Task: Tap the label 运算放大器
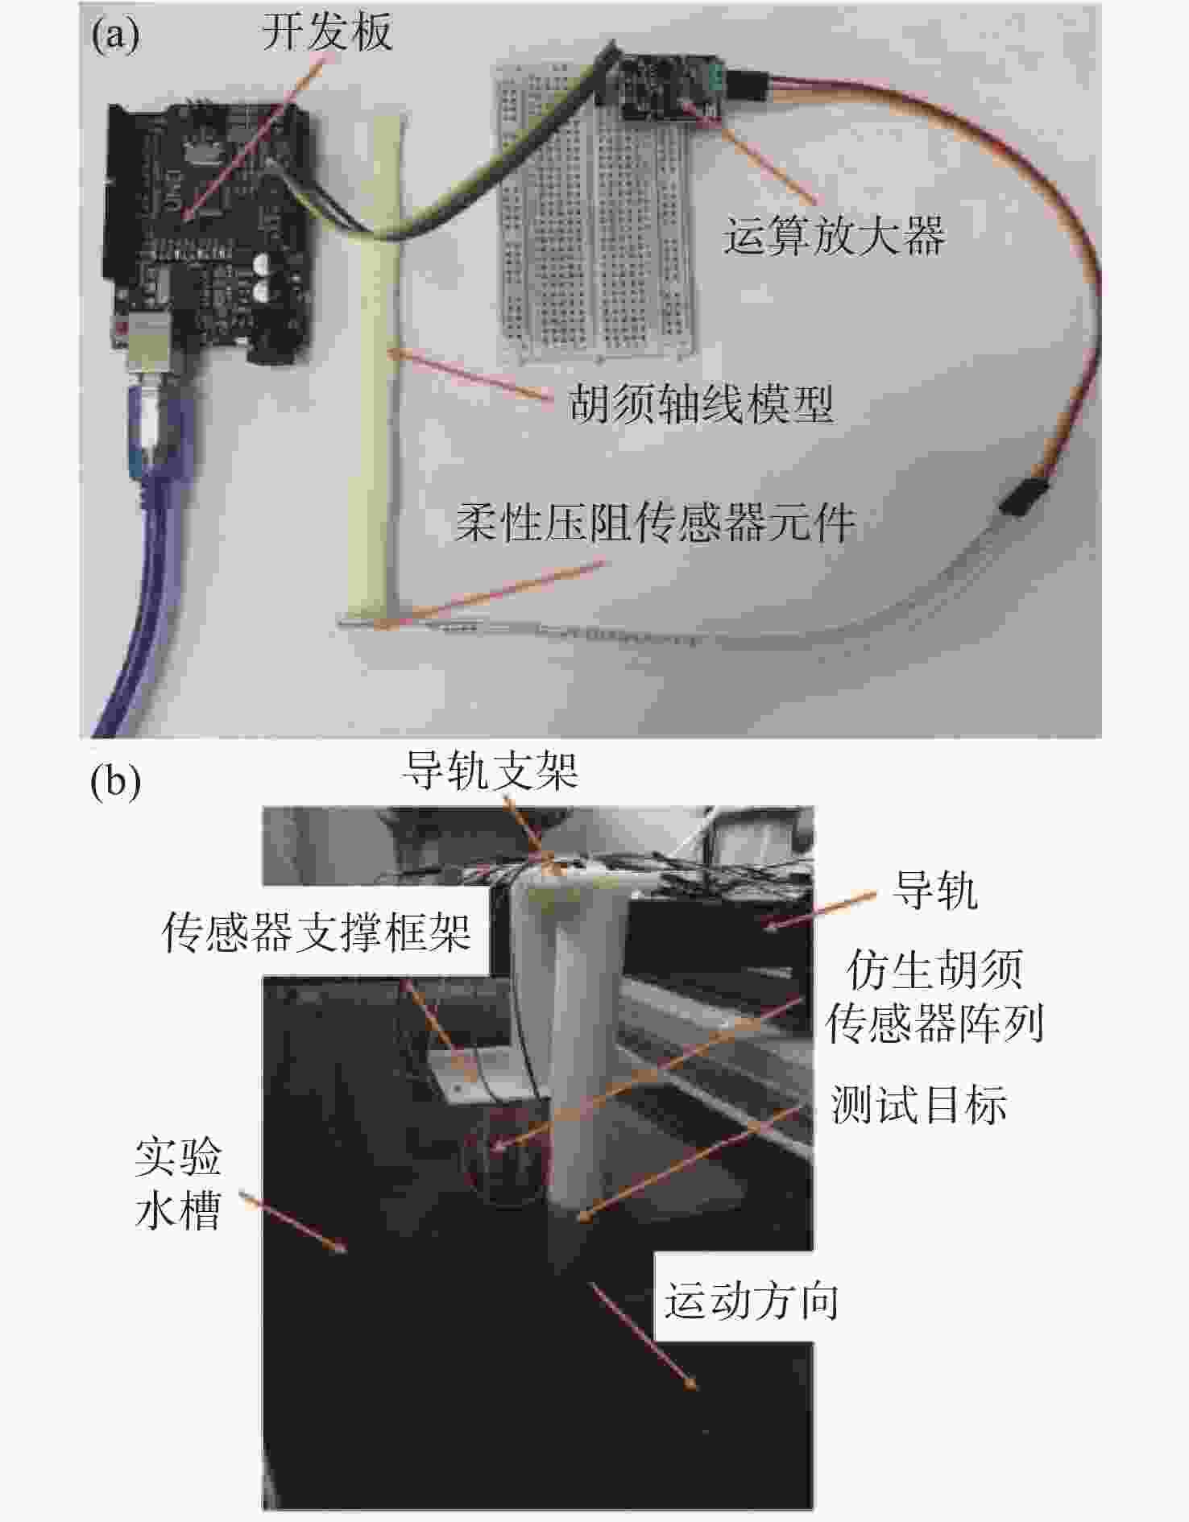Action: (834, 236)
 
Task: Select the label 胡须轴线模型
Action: (701, 403)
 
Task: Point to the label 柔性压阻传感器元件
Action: (655, 523)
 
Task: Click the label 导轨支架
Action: (491, 771)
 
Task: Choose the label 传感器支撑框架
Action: (317, 933)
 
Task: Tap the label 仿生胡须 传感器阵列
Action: (934, 996)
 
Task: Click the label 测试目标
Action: (918, 1104)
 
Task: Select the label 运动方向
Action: (751, 1301)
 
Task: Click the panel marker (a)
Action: (115, 35)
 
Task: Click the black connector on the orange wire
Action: (1017, 496)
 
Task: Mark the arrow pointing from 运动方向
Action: (644, 1336)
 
